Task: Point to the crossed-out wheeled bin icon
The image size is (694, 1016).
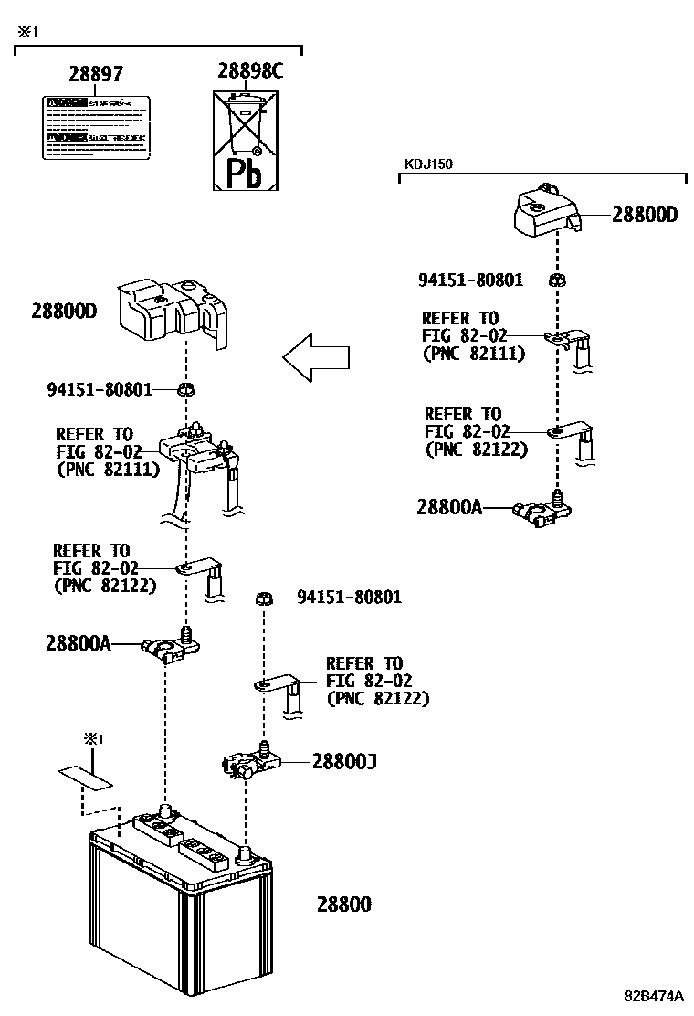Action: click(x=244, y=123)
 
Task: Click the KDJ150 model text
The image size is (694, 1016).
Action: click(x=428, y=164)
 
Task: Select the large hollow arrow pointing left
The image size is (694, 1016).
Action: click(x=316, y=356)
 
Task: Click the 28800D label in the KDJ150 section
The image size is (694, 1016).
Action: click(x=644, y=215)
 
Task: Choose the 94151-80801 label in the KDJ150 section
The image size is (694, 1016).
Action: click(x=470, y=280)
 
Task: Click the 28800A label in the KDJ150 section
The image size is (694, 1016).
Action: click(x=448, y=507)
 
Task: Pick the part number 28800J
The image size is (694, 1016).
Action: click(x=344, y=760)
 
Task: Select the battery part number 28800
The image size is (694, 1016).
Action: click(x=343, y=905)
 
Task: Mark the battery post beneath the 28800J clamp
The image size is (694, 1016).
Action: click(x=244, y=855)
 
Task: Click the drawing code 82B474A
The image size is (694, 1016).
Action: click(x=654, y=995)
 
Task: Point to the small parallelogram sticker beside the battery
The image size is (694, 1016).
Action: click(x=87, y=778)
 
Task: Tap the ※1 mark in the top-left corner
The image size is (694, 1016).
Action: click(x=26, y=31)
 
